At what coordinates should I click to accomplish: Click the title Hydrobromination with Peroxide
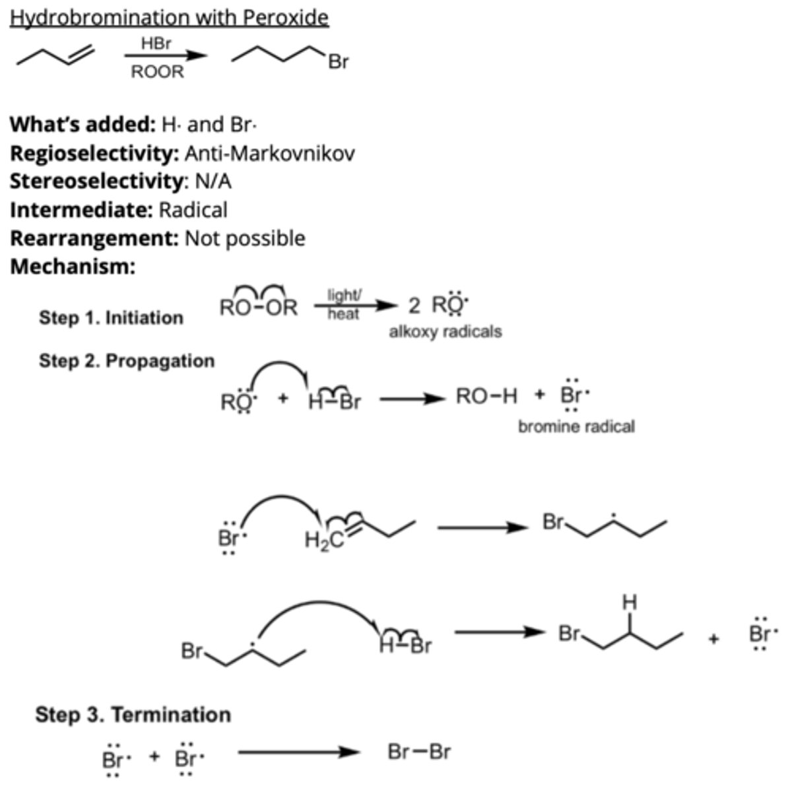pos(169,17)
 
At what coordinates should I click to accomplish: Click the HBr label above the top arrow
pos(156,44)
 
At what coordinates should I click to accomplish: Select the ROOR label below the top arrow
pos(157,72)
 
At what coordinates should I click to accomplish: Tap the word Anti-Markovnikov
pos(269,153)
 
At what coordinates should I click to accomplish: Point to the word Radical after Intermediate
pos(193,210)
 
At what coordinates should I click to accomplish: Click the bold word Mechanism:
pos(73,267)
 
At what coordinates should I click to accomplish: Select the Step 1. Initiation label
pos(111,317)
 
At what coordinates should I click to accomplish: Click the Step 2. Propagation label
pos(127,361)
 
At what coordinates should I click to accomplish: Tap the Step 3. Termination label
pos(133,715)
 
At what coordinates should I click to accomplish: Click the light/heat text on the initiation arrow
pos(344,305)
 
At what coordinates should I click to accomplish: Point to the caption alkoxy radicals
pos(445,331)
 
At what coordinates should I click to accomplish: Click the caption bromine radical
pos(576,427)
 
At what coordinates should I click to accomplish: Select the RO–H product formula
pos(486,396)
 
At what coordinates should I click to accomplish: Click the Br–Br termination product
pos(419,752)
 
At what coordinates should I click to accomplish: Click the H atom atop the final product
pos(630,603)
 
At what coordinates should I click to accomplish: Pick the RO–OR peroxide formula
pos(258,308)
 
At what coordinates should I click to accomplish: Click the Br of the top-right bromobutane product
pos(338,63)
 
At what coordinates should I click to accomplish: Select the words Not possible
pos(245,238)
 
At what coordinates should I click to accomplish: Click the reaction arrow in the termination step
pos(298,752)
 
